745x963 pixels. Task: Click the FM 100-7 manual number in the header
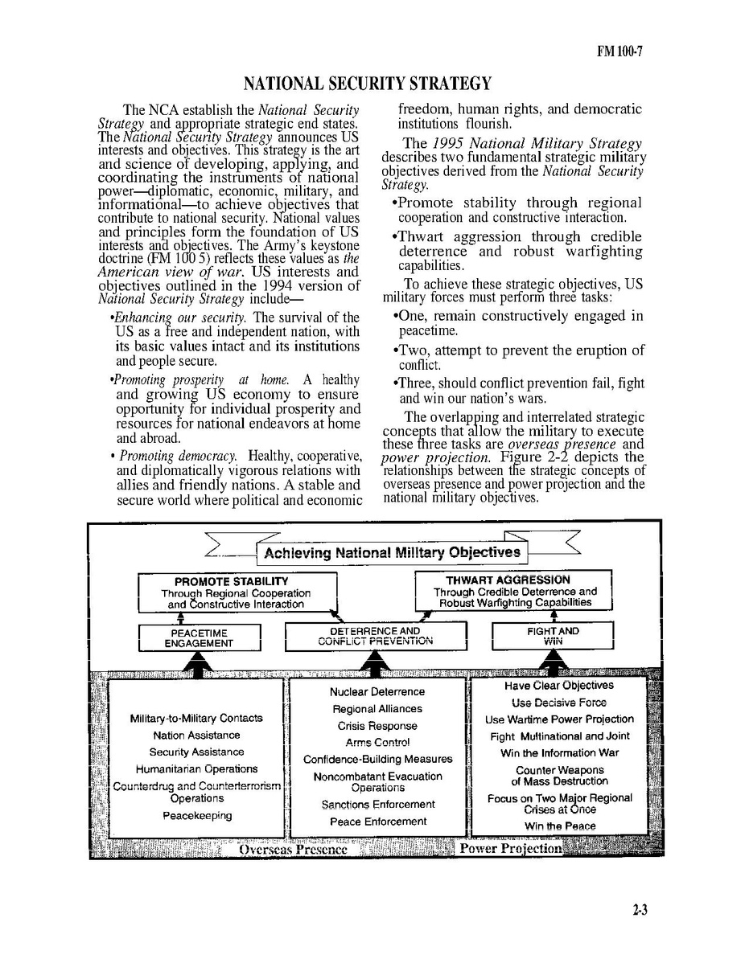click(619, 52)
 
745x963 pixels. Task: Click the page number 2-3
click(640, 911)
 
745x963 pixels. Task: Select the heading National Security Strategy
click(367, 84)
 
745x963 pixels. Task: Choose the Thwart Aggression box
click(514, 591)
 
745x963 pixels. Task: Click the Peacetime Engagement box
click(199, 637)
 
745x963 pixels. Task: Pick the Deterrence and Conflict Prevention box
click(375, 637)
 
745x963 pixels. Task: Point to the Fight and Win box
click(552, 637)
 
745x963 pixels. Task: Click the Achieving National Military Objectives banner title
click(392, 553)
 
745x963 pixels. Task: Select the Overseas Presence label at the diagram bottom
click(293, 850)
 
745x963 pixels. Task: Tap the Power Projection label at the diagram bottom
click(510, 849)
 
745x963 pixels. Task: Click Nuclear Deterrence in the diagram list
click(377, 692)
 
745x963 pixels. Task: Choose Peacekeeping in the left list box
click(197, 816)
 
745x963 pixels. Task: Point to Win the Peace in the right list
click(560, 826)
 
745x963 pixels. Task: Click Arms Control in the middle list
click(377, 743)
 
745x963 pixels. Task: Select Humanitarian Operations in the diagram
click(196, 769)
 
